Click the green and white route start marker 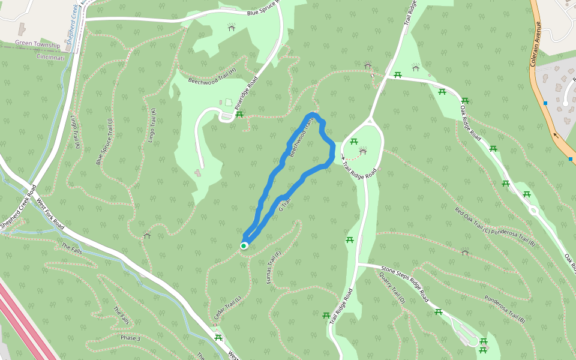[244, 245]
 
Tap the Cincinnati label [50, 58]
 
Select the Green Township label [38, 45]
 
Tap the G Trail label [284, 205]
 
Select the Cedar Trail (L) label [227, 307]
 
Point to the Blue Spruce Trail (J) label [104, 142]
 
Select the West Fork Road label [50, 214]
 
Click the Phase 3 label [130, 338]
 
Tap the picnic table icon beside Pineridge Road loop [239, 113]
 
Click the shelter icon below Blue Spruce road [232, 27]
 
